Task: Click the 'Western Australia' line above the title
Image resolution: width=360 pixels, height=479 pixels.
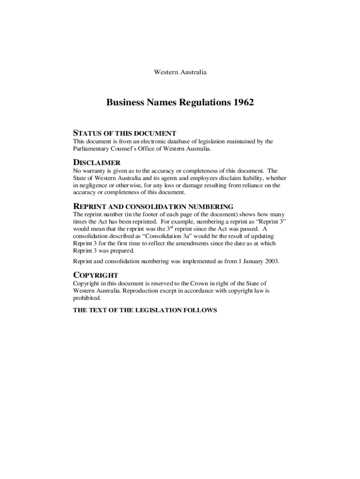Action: (x=180, y=73)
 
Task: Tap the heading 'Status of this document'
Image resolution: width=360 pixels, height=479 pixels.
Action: (x=124, y=133)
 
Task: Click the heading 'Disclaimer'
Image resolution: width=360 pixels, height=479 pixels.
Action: (x=97, y=163)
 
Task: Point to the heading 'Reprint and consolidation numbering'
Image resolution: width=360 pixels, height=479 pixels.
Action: (x=153, y=206)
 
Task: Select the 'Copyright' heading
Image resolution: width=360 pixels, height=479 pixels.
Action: (x=95, y=275)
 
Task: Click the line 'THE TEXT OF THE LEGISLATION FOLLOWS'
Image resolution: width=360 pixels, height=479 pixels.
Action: (x=145, y=310)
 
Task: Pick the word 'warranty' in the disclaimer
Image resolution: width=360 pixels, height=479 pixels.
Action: (x=95, y=171)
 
